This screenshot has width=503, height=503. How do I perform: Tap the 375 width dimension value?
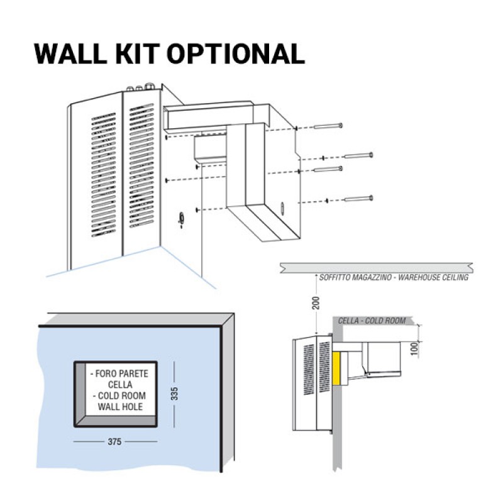coord(114,441)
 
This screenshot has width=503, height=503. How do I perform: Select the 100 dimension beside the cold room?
coord(416,348)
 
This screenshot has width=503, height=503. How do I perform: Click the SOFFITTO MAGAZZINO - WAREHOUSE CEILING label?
coord(394,277)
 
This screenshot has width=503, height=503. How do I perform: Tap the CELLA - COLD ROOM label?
coord(372,321)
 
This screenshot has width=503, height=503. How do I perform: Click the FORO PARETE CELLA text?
coord(119,379)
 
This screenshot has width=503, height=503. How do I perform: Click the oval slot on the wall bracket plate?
coord(282,207)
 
